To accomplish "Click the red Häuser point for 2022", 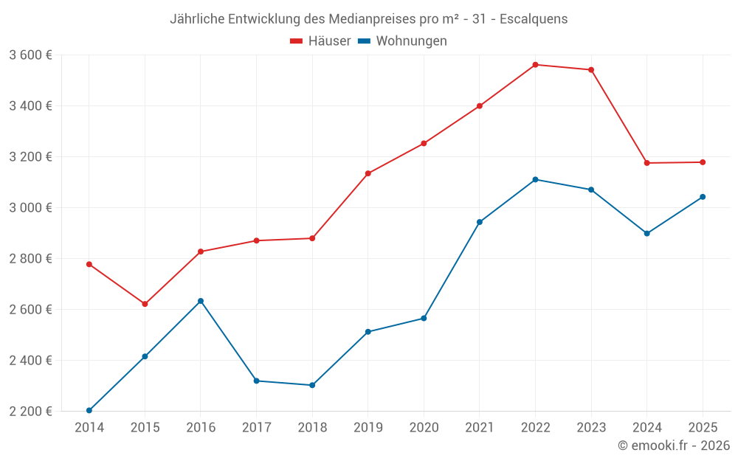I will pos(535,65).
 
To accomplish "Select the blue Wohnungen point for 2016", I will pos(201,301).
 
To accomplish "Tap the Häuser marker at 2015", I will pos(145,304).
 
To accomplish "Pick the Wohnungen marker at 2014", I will pos(89,410).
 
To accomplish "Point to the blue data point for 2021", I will pos(480,222).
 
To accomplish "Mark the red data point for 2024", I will pos(646,163).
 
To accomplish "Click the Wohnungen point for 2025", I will pos(703,197).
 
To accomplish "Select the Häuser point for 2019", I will pos(368,173).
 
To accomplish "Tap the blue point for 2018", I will pos(312,385).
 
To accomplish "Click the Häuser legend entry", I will pos(320,41).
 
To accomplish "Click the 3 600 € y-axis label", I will pos(30,55).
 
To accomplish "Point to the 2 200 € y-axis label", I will pos(30,411).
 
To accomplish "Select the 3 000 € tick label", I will pos(30,207).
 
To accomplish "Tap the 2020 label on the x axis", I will pos(424,428).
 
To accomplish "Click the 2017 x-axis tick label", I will pos(256,428).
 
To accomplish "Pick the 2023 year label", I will pos(591,428).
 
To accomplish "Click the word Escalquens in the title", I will pos(534,19).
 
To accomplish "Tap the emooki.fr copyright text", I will pos(673,446).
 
